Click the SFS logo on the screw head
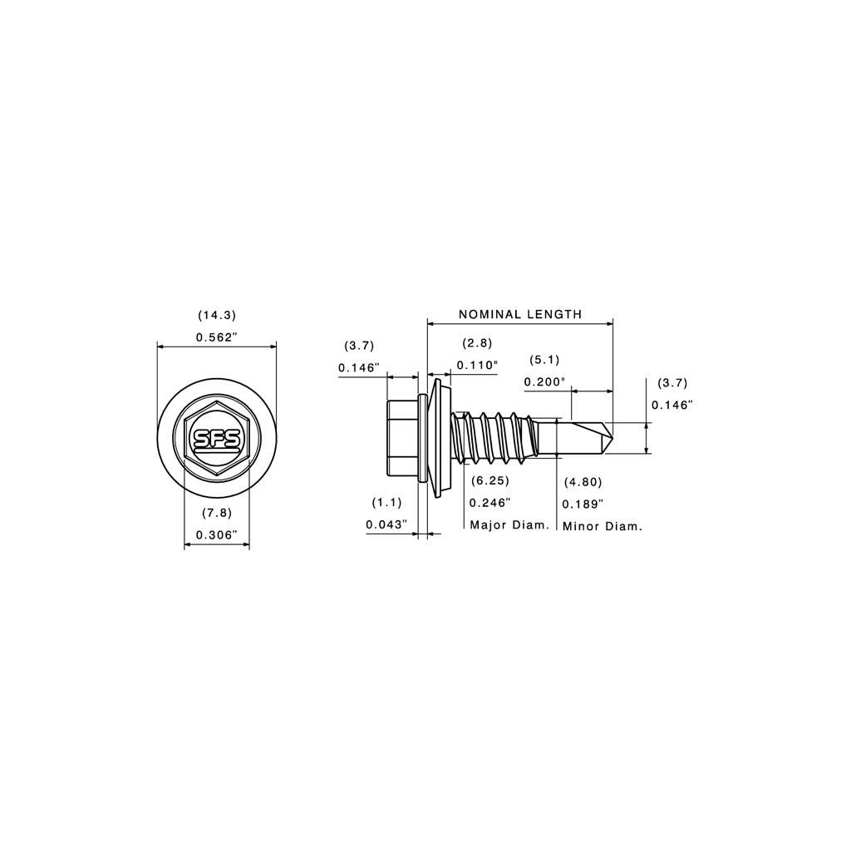click(217, 440)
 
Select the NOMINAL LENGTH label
click(520, 314)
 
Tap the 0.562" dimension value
click(217, 337)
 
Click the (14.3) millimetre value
click(217, 315)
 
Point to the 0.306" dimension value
click(217, 535)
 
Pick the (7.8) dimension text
click(217, 513)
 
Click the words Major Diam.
click(509, 525)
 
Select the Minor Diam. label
click(603, 526)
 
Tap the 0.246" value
click(490, 503)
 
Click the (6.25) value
click(490, 480)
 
